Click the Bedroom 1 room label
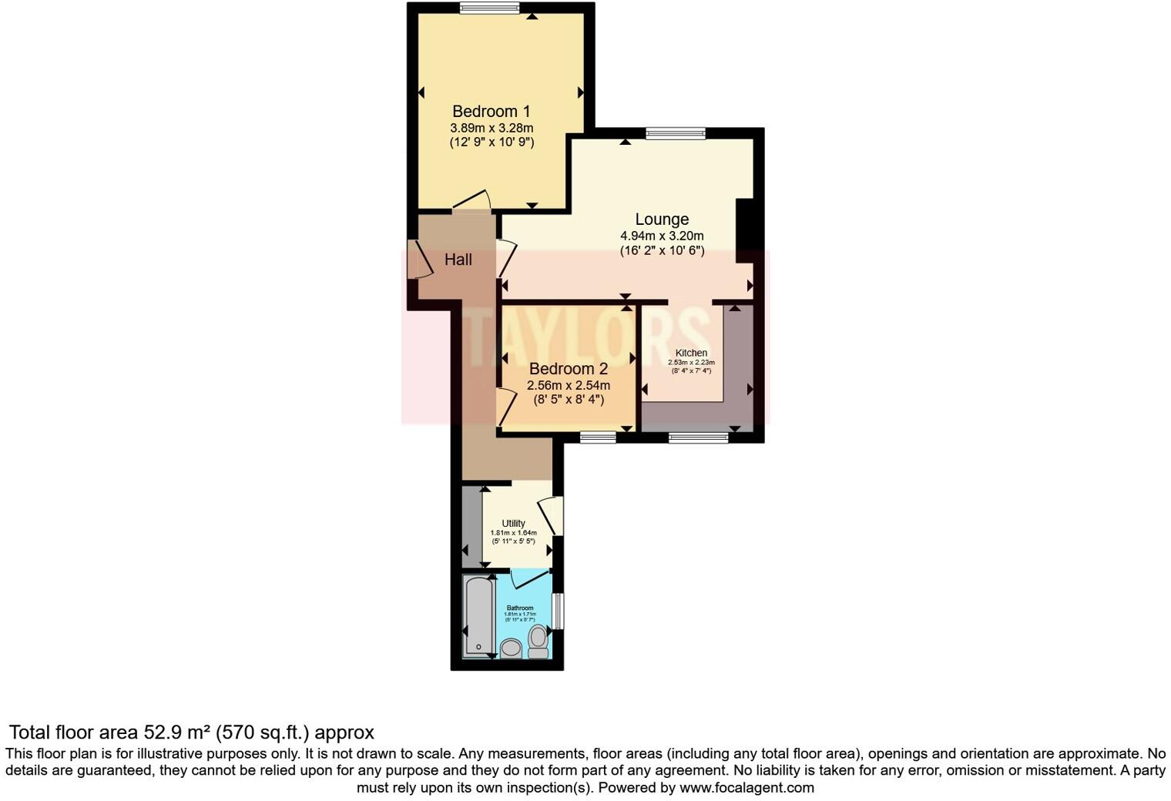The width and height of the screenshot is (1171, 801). coord(491,112)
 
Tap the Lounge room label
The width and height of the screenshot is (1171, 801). coord(662,220)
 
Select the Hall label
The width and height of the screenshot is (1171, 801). coord(458,260)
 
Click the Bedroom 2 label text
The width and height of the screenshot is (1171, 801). coord(568,369)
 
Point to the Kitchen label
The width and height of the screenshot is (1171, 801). coord(691,353)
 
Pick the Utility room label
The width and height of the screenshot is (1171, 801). coord(513,524)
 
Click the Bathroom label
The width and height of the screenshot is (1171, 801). coord(520,608)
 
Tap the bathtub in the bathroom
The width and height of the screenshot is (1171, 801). coord(478,616)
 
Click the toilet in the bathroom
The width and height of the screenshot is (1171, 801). coord(538,641)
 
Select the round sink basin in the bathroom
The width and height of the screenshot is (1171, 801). coord(511,649)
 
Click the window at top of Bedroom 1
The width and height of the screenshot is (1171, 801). coord(490,8)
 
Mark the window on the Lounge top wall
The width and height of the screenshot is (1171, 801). coord(676,133)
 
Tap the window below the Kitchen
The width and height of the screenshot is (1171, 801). coord(698,438)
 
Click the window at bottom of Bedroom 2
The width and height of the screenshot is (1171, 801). coord(598,437)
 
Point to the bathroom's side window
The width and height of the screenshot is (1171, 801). coord(559,611)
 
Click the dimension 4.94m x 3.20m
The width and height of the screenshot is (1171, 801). coord(662,236)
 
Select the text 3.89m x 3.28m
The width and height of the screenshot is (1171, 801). coord(492,128)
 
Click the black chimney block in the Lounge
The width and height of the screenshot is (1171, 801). coord(745,230)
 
